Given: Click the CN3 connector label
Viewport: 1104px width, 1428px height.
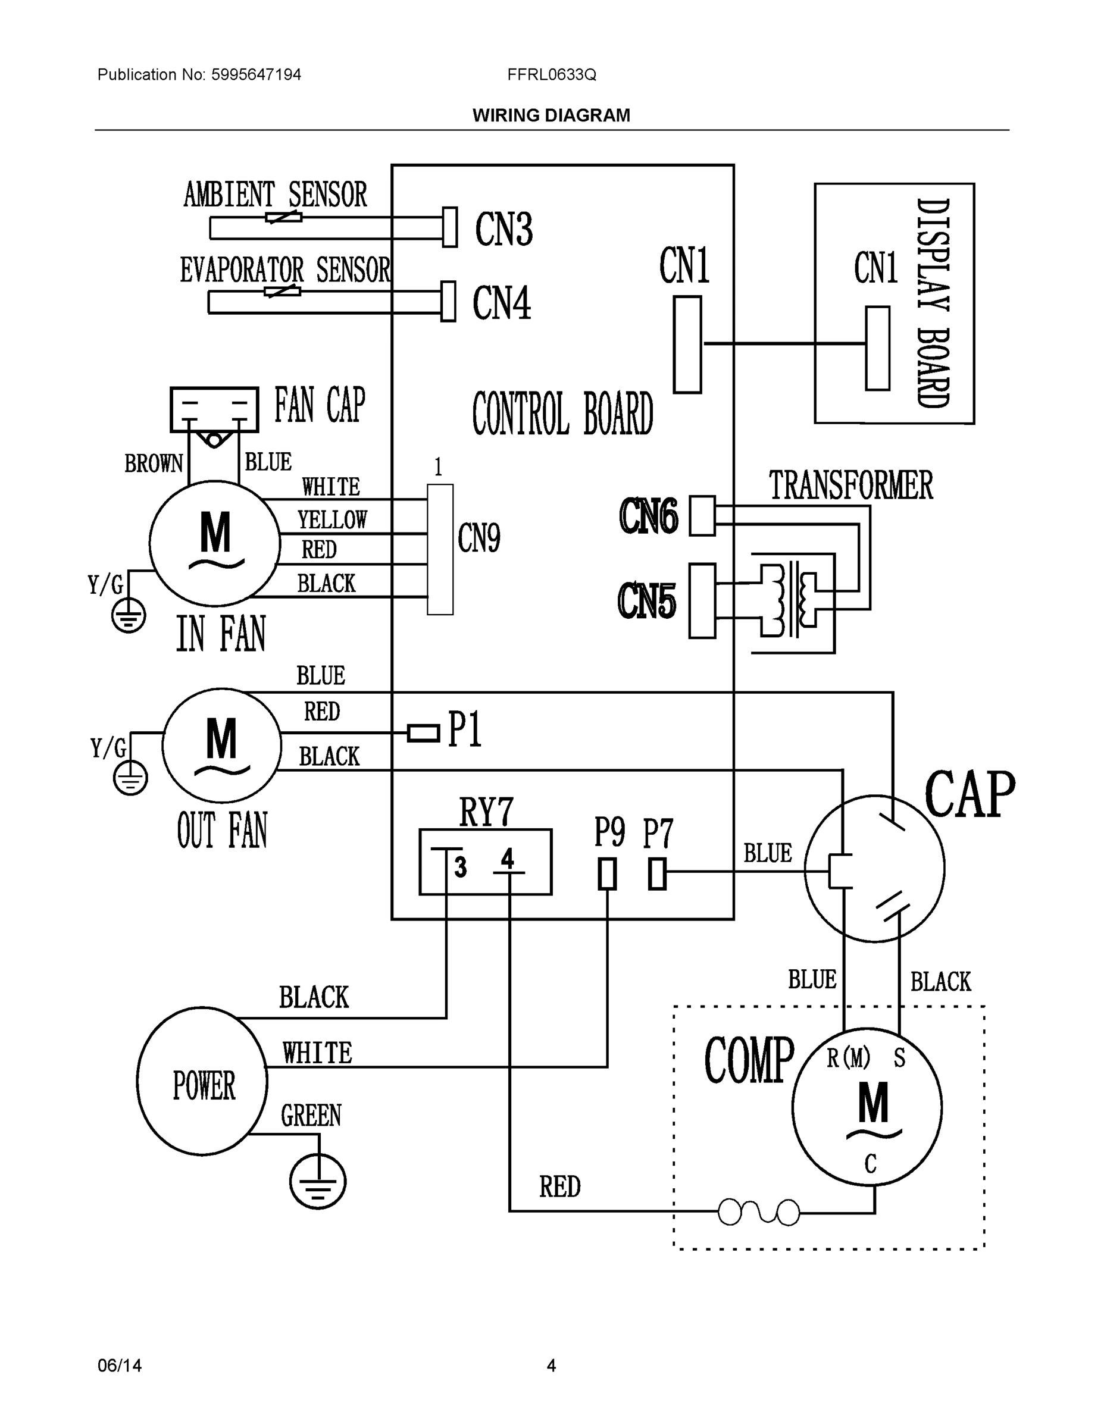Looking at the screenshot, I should (x=503, y=230).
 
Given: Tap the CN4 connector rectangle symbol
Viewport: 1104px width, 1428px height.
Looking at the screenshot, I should (x=448, y=302).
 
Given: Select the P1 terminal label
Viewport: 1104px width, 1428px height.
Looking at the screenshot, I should (x=465, y=729).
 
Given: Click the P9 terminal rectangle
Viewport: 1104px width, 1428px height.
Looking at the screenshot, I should (x=607, y=873).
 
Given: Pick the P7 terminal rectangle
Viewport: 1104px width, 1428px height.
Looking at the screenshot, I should (x=657, y=873).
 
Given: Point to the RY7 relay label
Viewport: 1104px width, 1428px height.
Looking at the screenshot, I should (x=486, y=812).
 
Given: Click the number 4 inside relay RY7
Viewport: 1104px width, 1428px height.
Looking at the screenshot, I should (x=508, y=859).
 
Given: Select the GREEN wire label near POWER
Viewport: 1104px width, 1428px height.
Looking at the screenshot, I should (x=311, y=1116).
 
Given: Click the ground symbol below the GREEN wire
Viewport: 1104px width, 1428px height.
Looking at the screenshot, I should (x=318, y=1182).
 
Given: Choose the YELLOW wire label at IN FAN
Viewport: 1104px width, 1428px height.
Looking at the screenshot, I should (x=332, y=520).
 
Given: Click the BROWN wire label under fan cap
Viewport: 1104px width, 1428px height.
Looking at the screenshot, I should (x=154, y=464).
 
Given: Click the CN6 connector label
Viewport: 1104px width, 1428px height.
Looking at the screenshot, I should (x=649, y=516).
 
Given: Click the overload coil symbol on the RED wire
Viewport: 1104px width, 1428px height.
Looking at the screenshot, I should (x=759, y=1211).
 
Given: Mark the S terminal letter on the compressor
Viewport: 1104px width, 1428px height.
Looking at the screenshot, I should (x=899, y=1059).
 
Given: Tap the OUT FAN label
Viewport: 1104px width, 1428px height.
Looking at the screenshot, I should (x=223, y=831).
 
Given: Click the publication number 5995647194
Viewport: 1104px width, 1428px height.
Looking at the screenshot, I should (x=256, y=74).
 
